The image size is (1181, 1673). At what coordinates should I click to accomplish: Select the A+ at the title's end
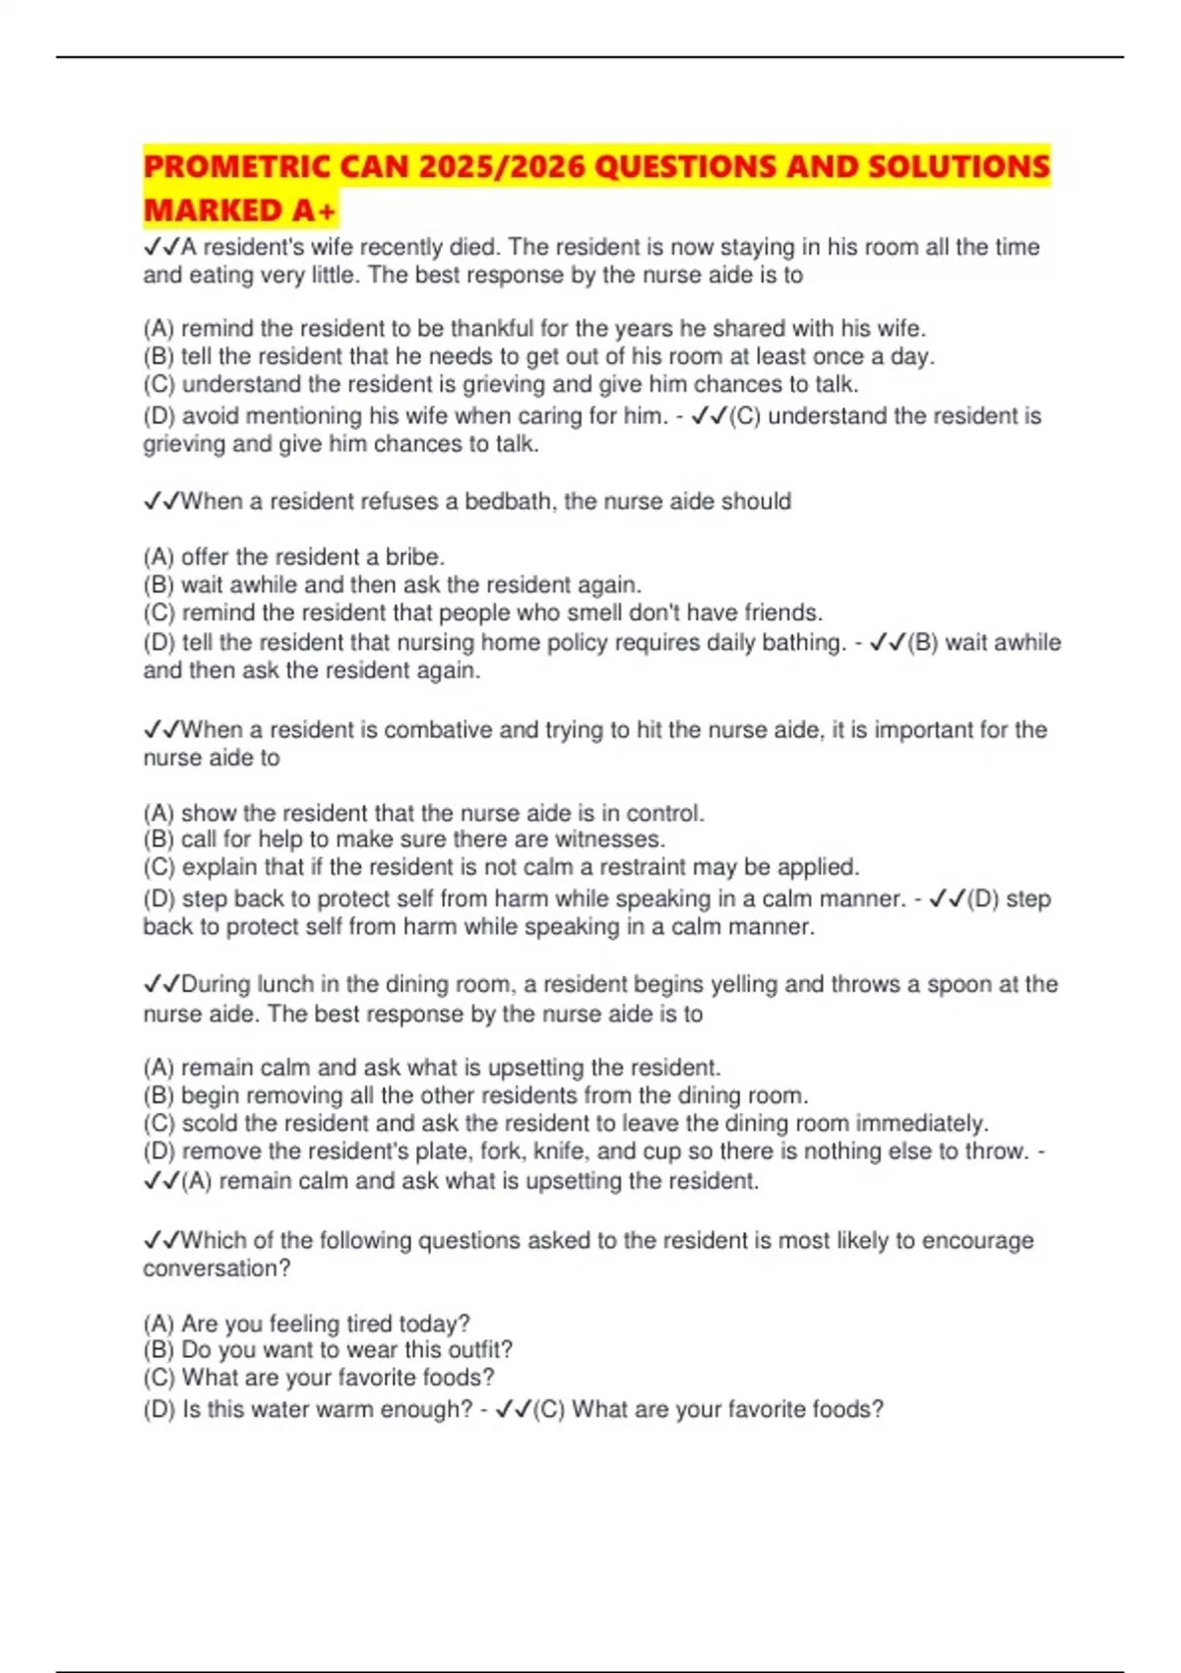click(314, 210)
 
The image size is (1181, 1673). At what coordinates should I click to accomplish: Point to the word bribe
click(414, 556)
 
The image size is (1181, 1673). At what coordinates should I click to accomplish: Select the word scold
click(209, 1123)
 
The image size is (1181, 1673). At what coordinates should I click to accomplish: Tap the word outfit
click(480, 1349)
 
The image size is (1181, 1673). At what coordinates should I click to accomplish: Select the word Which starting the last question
click(214, 1240)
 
